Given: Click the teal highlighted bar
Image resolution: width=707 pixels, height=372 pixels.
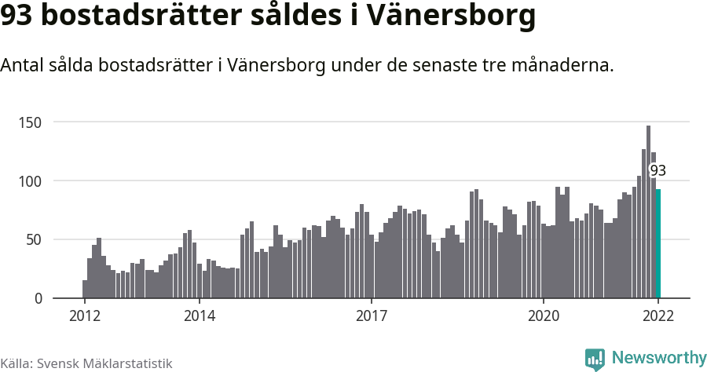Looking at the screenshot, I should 658,243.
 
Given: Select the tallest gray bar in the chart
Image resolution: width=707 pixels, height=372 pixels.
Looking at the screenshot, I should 648,212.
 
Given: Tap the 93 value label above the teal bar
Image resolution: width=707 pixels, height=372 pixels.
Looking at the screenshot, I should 658,170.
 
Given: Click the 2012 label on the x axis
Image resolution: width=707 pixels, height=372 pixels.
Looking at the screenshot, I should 84,316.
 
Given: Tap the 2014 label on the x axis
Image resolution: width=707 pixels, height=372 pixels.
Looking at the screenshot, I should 199,316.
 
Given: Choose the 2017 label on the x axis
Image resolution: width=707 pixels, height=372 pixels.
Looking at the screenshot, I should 371,316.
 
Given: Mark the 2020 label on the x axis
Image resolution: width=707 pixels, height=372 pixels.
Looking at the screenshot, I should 543,316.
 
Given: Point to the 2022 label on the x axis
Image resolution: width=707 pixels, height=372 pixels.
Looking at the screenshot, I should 658,316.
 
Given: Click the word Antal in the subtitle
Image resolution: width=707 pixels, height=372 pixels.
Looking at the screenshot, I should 23,66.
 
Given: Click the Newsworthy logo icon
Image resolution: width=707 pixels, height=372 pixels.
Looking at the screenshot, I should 595,359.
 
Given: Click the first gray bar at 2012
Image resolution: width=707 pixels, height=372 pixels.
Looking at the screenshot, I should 85,290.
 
